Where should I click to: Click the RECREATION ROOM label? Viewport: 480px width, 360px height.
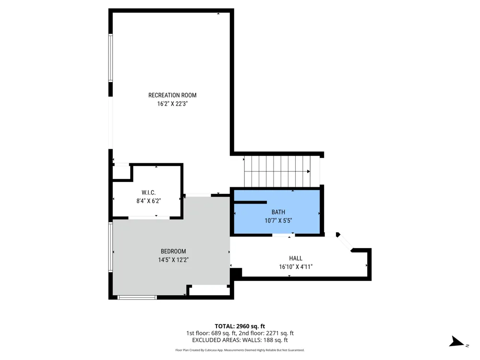(x=172, y=95)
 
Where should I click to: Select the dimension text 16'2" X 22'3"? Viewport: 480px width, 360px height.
(x=172, y=104)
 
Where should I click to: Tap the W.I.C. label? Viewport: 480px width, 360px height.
(x=148, y=192)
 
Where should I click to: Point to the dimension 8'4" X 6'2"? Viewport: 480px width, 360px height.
(x=148, y=201)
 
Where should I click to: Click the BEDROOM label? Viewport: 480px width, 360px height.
(x=173, y=252)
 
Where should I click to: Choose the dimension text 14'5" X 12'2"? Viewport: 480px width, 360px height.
(x=173, y=260)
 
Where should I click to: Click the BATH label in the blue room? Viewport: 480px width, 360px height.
(x=278, y=212)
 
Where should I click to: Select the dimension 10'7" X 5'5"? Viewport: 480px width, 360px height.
(x=278, y=220)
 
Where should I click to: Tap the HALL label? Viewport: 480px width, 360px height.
(x=296, y=258)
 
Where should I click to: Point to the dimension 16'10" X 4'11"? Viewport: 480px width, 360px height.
(x=296, y=267)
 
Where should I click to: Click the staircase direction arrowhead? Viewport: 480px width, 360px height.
(x=309, y=171)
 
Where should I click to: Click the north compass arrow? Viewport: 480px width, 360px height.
(x=456, y=342)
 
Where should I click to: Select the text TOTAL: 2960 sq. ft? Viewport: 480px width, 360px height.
(x=240, y=326)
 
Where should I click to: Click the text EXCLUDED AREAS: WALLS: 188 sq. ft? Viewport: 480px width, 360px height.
(x=240, y=340)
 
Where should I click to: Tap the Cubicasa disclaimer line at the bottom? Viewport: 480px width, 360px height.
(x=240, y=350)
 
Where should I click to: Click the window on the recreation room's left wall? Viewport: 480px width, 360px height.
(x=110, y=58)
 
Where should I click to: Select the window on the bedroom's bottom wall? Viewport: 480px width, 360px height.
(x=137, y=297)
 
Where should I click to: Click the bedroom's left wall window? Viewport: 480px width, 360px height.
(x=110, y=247)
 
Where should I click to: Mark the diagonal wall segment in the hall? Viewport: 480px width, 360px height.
(x=345, y=242)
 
